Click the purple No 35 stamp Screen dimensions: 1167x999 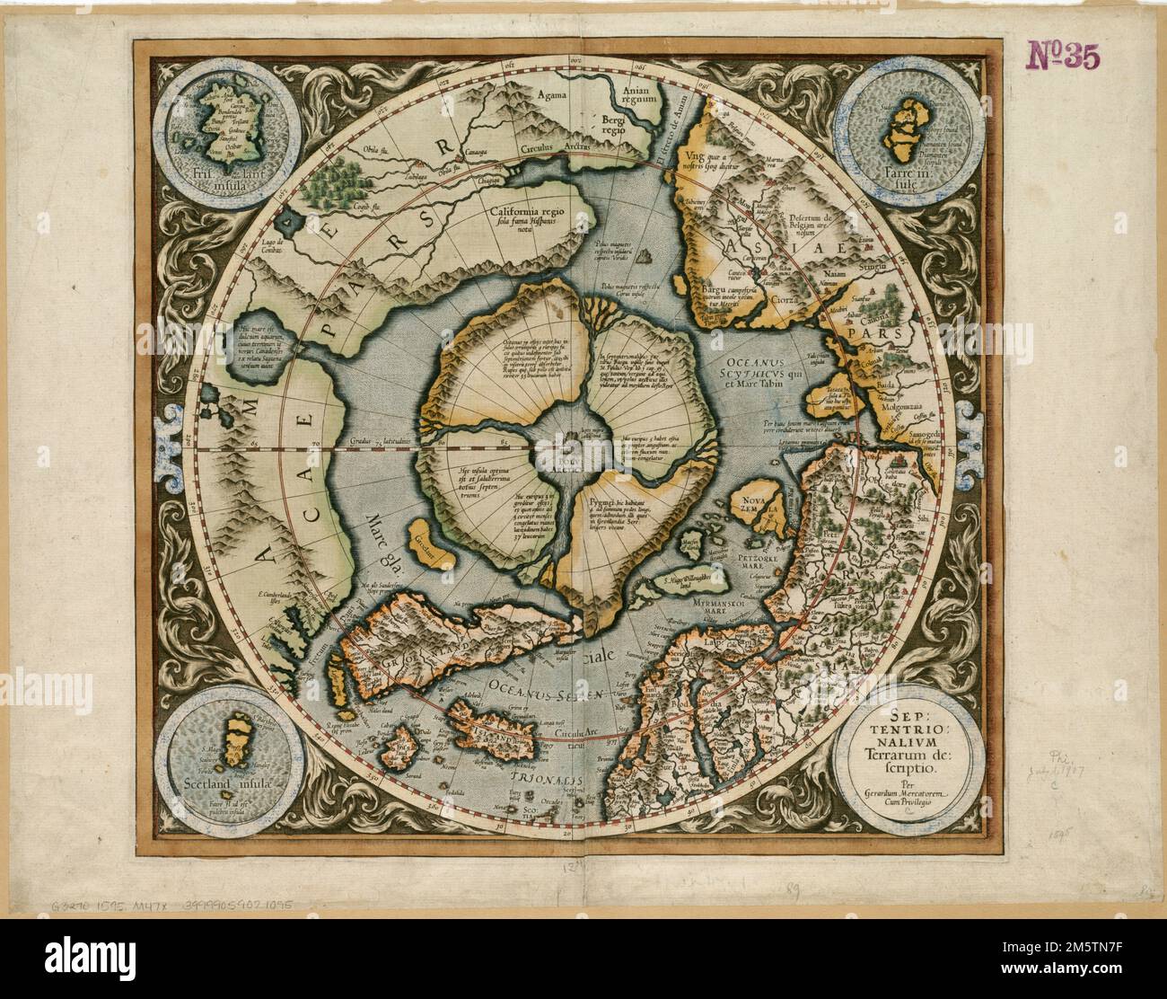point(1061,57)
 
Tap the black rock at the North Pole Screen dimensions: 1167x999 point(570,440)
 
